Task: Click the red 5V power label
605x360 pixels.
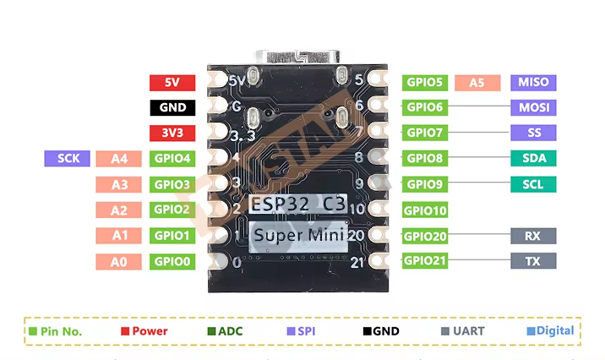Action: [x=172, y=83]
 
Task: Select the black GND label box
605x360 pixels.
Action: [x=172, y=108]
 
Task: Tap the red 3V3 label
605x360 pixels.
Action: [x=172, y=133]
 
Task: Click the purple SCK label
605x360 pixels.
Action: [x=68, y=158]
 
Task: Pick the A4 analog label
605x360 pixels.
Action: [x=118, y=158]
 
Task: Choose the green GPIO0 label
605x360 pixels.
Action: [x=172, y=262]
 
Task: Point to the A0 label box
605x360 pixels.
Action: [x=118, y=262]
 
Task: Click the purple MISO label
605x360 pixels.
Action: [x=533, y=82]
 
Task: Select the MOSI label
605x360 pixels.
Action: [x=533, y=107]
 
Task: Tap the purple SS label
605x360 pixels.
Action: [x=533, y=133]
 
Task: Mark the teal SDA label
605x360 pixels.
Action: [x=533, y=158]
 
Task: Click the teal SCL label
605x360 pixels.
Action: [x=533, y=184]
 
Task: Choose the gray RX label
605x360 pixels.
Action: [x=533, y=237]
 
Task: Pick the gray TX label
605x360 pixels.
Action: [x=533, y=261]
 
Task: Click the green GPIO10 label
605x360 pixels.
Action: [x=424, y=210]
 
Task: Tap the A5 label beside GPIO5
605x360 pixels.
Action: [x=477, y=82]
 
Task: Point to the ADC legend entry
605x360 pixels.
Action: [x=224, y=331]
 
